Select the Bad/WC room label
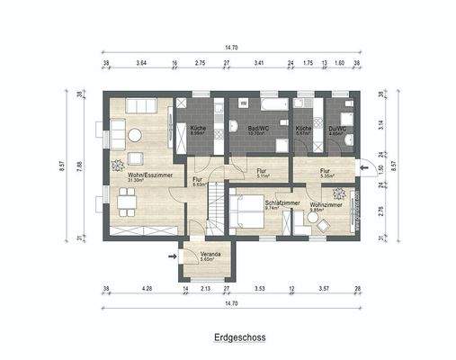(x=259, y=130)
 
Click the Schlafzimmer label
(x=282, y=205)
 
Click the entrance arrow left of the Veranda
(x=172, y=256)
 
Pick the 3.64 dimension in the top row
(x=141, y=64)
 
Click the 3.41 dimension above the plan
(x=259, y=64)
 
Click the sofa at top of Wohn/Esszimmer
(x=139, y=106)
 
